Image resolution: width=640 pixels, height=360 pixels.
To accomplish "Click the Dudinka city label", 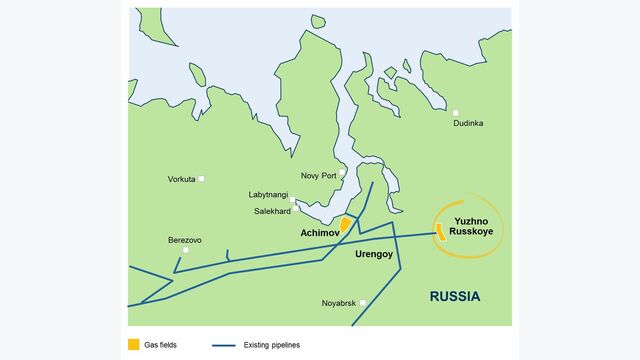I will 468,123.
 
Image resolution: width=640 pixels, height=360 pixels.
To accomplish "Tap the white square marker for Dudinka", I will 456,112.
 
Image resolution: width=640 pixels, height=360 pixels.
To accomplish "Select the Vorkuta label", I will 182,179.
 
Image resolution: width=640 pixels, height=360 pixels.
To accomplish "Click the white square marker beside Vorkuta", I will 202,179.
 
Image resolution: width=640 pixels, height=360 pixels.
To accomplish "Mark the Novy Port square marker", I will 341,173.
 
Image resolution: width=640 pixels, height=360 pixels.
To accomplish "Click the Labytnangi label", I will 268,194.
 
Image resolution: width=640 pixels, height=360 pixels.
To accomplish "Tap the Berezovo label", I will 185,240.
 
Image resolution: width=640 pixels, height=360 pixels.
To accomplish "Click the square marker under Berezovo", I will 186,250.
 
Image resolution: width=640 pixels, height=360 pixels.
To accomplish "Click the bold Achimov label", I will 320,232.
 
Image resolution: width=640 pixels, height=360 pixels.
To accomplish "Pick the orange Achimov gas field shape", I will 345,225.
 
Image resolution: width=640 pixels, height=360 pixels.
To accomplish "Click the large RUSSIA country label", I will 455,296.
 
